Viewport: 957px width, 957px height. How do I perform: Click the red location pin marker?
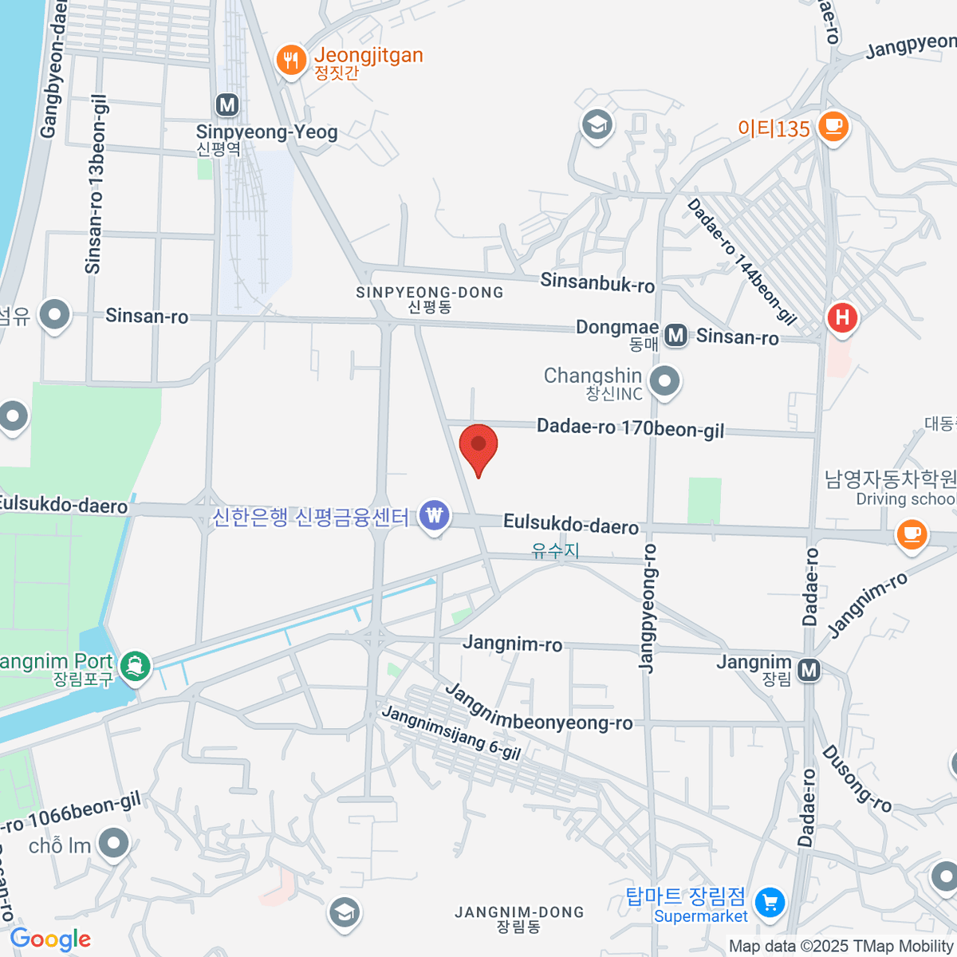478,445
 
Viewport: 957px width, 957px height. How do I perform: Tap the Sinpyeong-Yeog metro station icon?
227,104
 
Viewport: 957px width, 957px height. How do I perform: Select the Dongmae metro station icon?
676,336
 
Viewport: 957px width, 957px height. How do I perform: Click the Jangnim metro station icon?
809,670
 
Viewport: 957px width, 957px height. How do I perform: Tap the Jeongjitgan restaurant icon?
291,60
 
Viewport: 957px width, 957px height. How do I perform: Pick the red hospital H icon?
842,318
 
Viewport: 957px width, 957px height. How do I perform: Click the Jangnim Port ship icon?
134,665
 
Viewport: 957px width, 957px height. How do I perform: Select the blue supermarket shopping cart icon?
770,904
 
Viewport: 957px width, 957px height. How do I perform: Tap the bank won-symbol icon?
434,515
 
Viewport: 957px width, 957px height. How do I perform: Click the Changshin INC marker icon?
664,381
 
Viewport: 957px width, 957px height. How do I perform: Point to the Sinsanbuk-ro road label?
597,282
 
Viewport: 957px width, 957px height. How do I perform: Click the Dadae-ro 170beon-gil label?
630,428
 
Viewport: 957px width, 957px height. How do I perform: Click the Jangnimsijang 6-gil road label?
451,733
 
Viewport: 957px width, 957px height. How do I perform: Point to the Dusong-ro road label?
857,778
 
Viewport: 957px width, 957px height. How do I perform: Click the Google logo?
50,939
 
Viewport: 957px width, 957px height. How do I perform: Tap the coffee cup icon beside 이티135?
833,126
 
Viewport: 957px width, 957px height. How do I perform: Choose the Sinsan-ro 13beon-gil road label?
95,188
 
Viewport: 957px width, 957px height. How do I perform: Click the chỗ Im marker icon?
113,844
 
